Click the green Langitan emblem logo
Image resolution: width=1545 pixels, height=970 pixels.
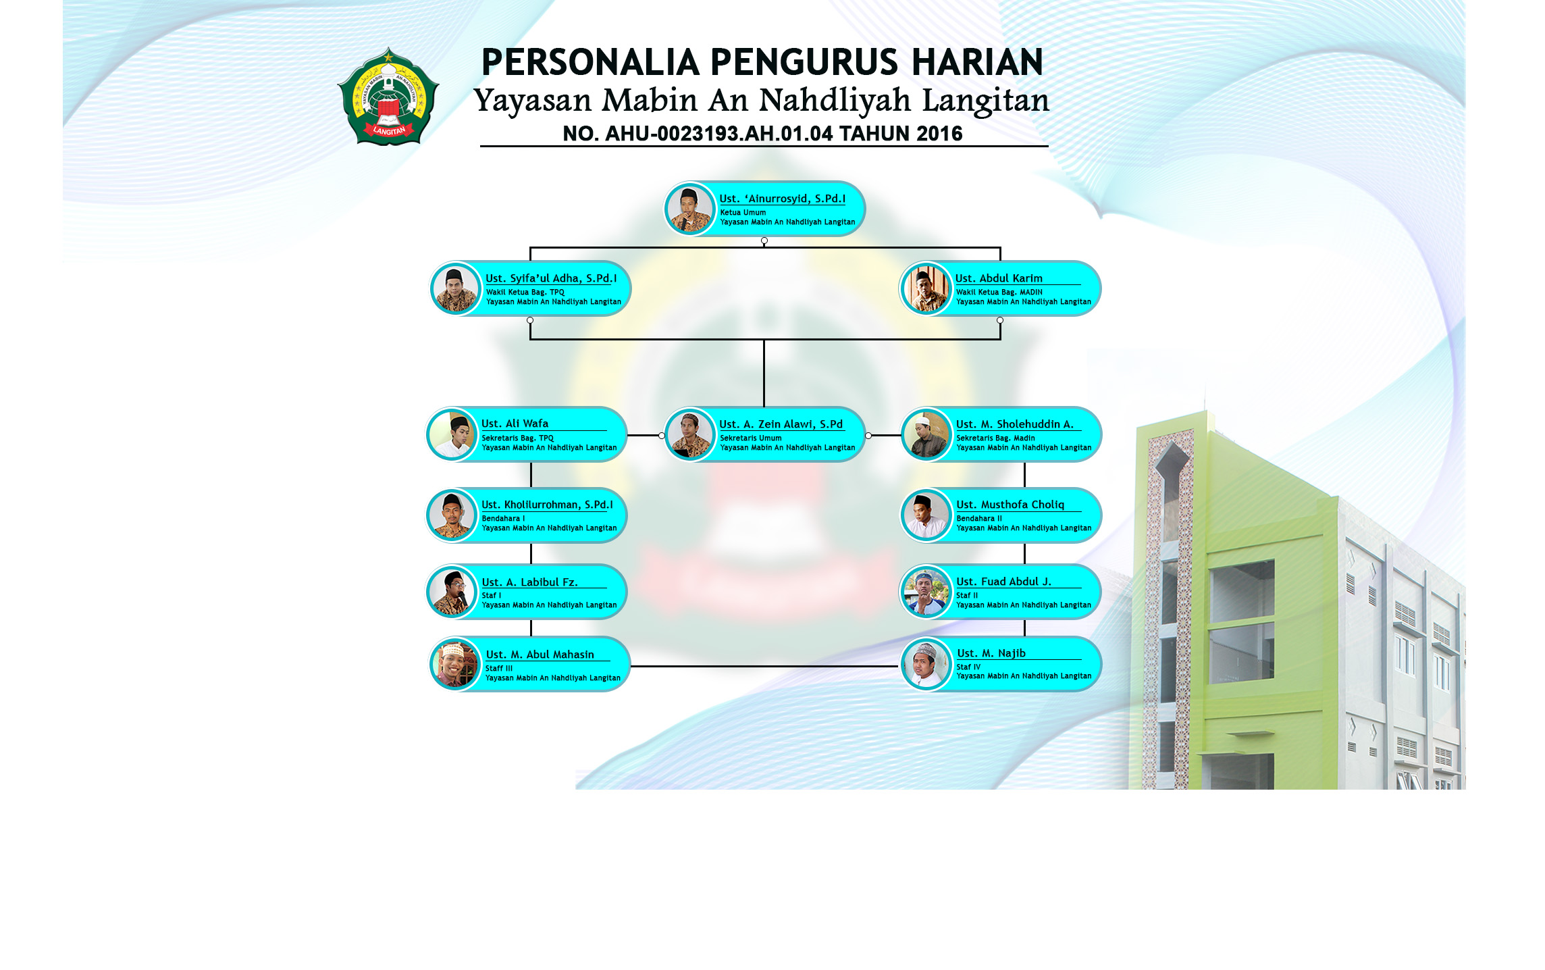point(388,96)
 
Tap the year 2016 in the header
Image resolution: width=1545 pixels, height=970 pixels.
point(939,134)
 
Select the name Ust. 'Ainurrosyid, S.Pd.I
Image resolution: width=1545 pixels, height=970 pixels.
point(782,199)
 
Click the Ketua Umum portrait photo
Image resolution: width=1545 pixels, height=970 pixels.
point(689,209)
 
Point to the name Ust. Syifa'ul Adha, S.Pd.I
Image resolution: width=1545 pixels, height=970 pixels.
point(551,278)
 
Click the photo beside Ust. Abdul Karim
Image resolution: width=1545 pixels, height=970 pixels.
point(926,289)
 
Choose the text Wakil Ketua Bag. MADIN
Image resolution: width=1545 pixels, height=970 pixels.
point(999,292)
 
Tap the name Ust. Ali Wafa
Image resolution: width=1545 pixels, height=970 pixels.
point(515,424)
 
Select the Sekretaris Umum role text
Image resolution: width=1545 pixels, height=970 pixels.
point(750,438)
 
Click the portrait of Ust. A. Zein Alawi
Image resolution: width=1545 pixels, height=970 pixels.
point(689,435)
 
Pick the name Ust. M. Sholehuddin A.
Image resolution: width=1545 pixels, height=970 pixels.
point(1014,424)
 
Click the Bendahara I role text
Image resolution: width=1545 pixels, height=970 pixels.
point(503,519)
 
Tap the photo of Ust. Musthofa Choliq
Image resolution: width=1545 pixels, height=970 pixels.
point(926,516)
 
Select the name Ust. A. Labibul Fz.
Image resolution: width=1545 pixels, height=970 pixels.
point(529,582)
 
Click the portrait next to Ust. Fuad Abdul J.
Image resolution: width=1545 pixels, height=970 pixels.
point(926,592)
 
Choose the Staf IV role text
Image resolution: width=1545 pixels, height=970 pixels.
point(968,667)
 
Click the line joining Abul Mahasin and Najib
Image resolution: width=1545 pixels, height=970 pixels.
point(764,666)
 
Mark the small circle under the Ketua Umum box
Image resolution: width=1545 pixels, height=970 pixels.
point(764,241)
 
